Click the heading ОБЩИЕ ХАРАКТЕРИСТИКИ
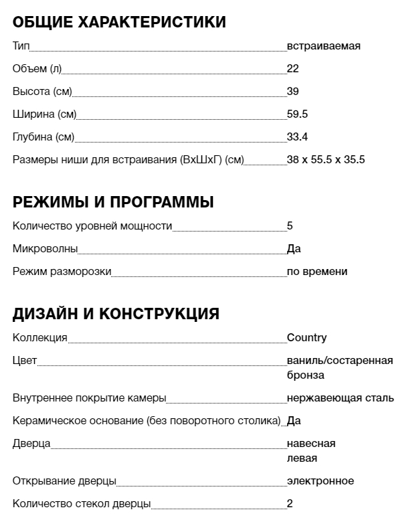[119, 22]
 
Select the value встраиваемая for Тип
[323, 46]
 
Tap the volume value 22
[293, 69]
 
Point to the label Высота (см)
[42, 92]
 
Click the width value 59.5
[297, 114]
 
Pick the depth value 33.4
[297, 137]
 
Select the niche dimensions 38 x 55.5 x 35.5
[325, 160]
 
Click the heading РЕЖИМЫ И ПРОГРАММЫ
[113, 202]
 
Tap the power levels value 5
[290, 226]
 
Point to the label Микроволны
[45, 249]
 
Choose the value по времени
[317, 272]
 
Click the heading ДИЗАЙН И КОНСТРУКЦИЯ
[116, 314]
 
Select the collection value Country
[307, 338]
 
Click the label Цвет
[25, 361]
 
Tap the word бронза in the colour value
[305, 375]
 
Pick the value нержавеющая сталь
[340, 398]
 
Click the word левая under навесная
[302, 458]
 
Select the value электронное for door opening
[320, 481]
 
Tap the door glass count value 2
[290, 504]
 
